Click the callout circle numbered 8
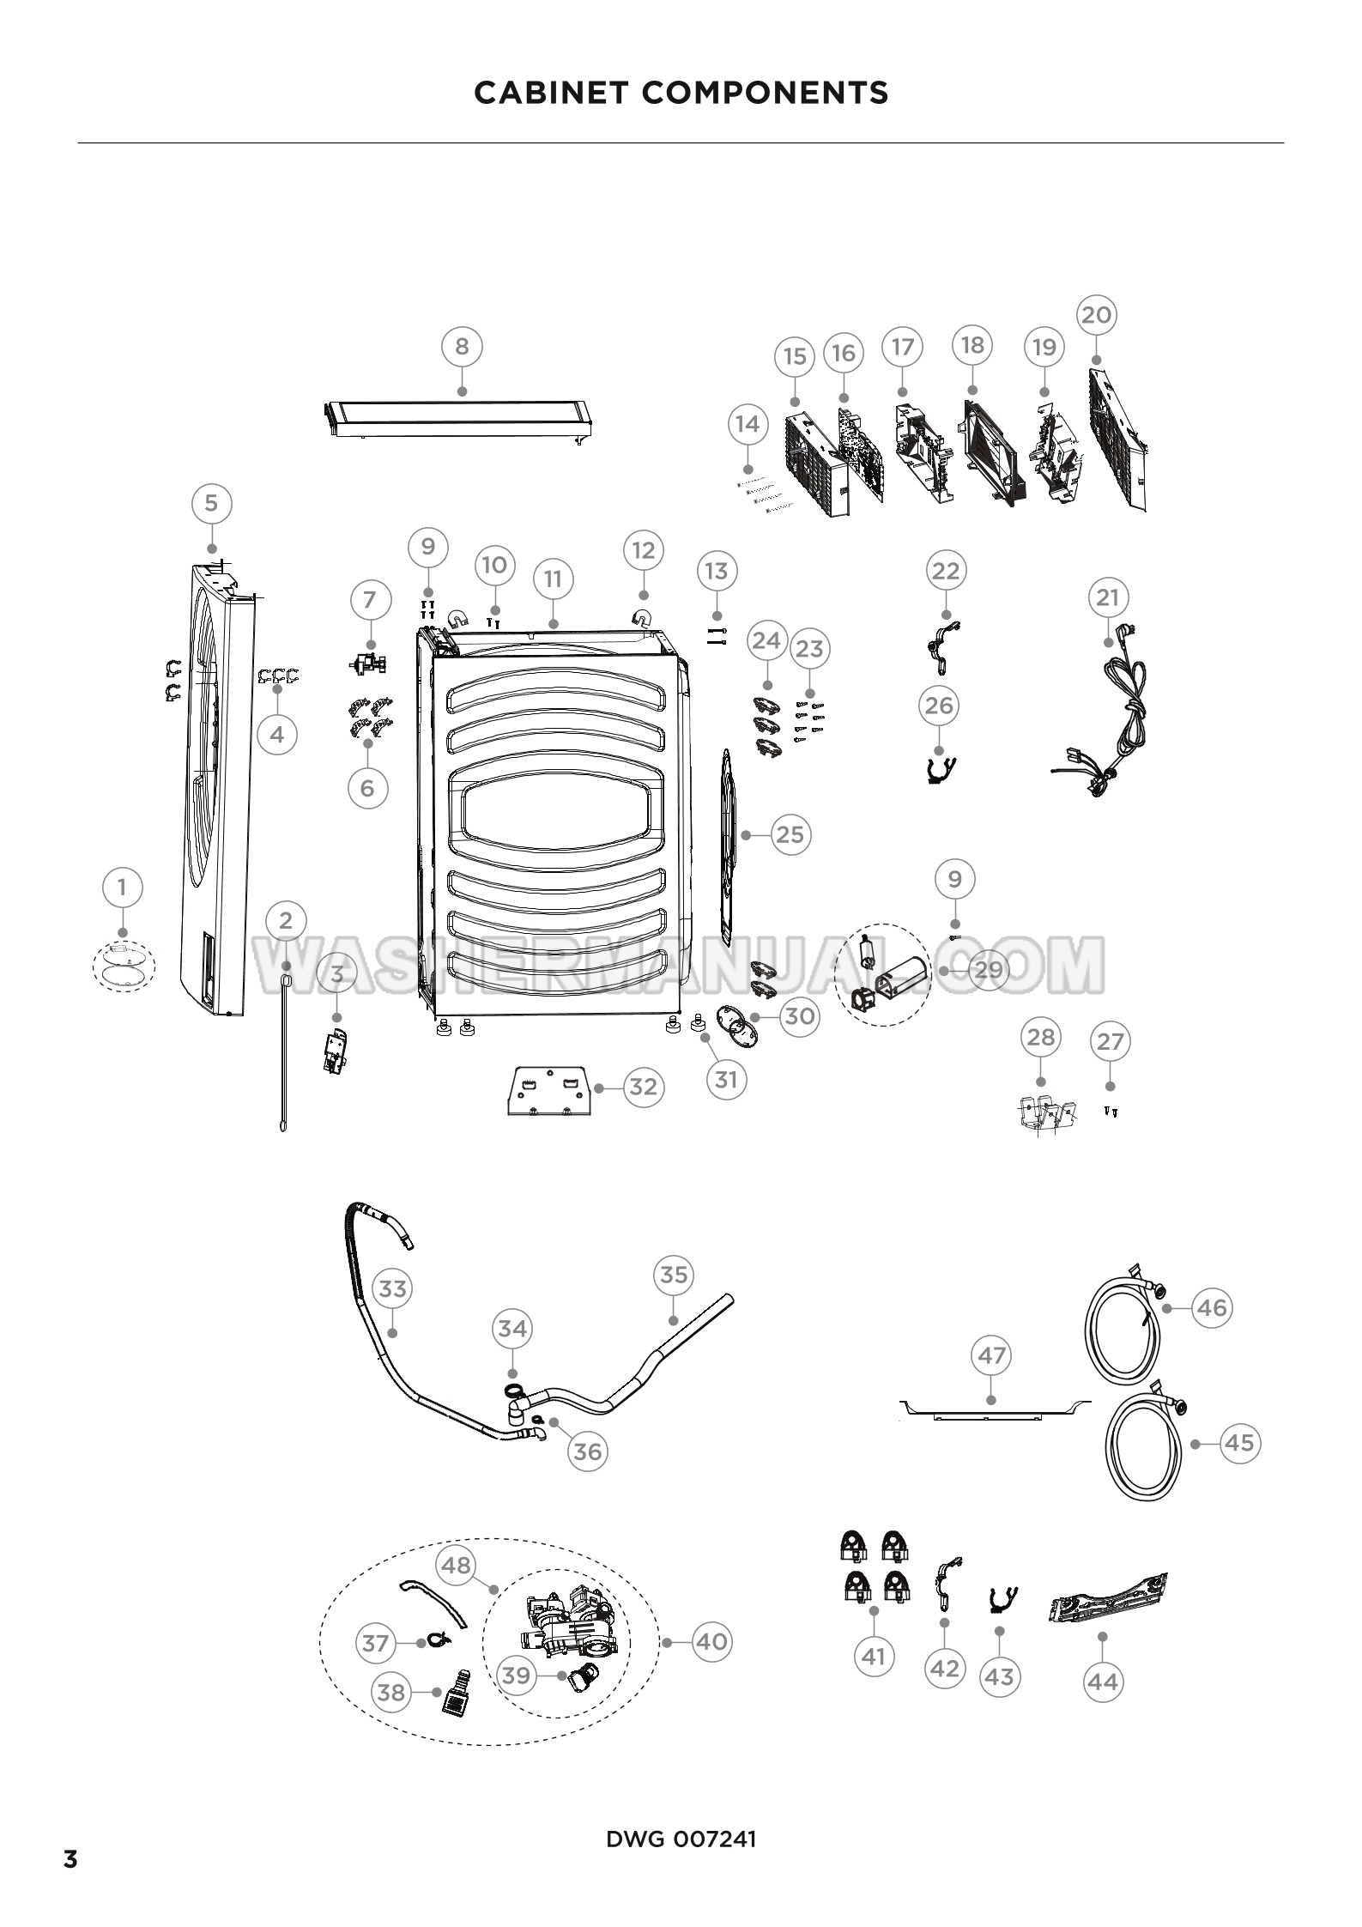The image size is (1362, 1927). point(462,347)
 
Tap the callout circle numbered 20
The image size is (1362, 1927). point(1096,315)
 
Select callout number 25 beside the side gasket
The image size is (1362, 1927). point(790,834)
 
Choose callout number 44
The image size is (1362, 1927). point(1103,1681)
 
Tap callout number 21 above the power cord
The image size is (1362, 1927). point(1108,597)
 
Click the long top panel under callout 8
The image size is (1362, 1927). point(462,421)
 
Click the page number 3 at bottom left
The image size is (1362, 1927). point(70,1853)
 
